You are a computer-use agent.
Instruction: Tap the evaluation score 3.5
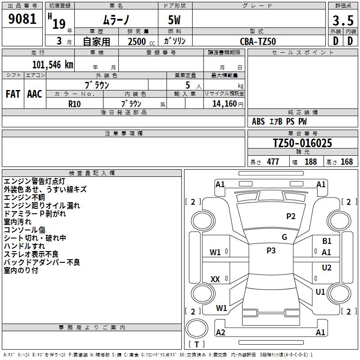pyautogui.click(x=342, y=21)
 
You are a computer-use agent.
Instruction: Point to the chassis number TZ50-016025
pyautogui.click(x=302, y=143)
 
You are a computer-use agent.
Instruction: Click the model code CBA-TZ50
pyautogui.click(x=258, y=41)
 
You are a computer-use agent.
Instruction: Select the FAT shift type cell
pyautogui.click(x=13, y=94)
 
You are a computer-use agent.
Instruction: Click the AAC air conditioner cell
pyautogui.click(x=35, y=94)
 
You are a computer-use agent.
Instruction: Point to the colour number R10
pyautogui.click(x=75, y=103)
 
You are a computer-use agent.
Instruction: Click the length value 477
pyautogui.click(x=273, y=162)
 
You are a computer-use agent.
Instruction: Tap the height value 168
pyautogui.click(x=346, y=162)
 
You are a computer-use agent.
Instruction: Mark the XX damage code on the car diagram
pyautogui.click(x=215, y=279)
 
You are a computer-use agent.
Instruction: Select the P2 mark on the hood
pyautogui.click(x=291, y=216)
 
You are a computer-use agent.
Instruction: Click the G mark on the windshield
pyautogui.click(x=284, y=237)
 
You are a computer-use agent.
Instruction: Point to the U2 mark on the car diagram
pyautogui.click(x=327, y=268)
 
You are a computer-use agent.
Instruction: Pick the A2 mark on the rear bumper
pyautogui.click(x=220, y=332)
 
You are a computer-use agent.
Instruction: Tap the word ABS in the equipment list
pyautogui.click(x=258, y=121)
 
